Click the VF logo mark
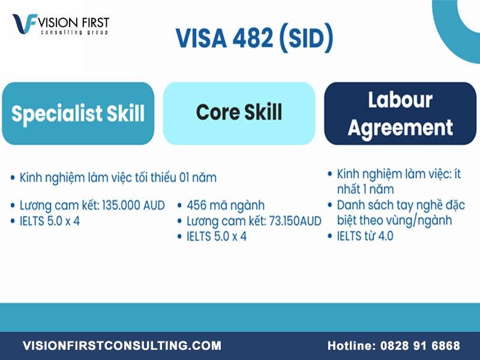[25, 23]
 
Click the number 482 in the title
[253, 38]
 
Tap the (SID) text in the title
[307, 38]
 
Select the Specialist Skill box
[78, 113]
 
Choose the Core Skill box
[239, 113]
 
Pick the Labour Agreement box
[400, 113]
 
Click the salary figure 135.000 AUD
[133, 205]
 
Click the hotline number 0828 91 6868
[420, 346]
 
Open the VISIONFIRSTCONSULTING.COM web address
[122, 346]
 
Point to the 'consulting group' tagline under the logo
[74, 32]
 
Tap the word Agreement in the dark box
[400, 127]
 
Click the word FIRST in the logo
[95, 22]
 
